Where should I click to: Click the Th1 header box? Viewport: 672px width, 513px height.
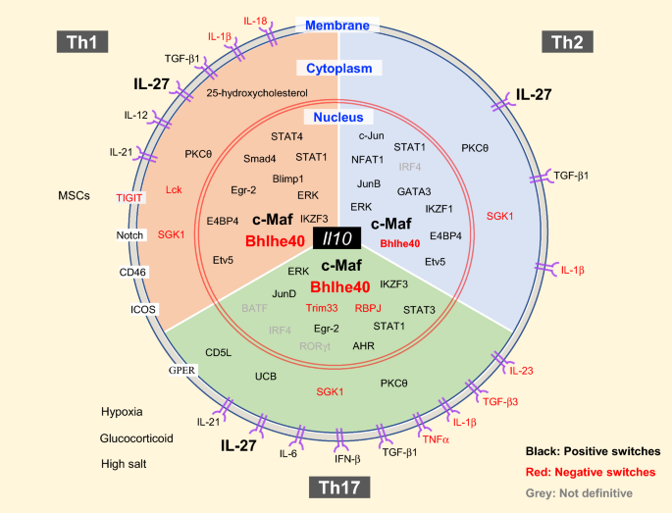click(x=82, y=41)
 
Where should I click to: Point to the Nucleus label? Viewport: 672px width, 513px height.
click(x=337, y=117)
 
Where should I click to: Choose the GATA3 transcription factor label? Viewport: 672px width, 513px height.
click(x=414, y=192)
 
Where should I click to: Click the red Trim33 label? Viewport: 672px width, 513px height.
click(x=322, y=308)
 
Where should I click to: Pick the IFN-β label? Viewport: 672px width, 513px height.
click(x=337, y=457)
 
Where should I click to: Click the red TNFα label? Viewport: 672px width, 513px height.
click(x=435, y=441)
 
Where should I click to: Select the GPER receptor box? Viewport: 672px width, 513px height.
click(x=182, y=370)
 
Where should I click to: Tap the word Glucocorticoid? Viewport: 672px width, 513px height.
click(x=136, y=438)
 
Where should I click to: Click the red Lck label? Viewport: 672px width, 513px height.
click(x=175, y=190)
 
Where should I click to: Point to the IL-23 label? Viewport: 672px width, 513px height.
click(x=522, y=371)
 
